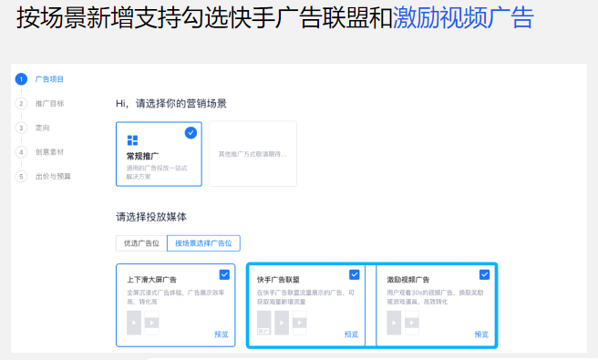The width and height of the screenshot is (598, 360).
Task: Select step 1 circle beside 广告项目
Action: click(x=21, y=79)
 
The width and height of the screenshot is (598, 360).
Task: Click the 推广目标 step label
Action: click(x=49, y=103)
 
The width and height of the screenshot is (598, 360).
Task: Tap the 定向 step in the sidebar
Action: click(x=43, y=128)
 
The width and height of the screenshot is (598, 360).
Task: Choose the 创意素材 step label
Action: click(x=49, y=151)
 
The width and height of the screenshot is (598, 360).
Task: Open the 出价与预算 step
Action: click(x=52, y=176)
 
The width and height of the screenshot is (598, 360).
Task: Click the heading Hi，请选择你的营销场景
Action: click(x=171, y=103)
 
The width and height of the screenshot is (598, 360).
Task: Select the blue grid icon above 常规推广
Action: click(x=133, y=140)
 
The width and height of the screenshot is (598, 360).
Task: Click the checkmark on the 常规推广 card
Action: click(x=191, y=133)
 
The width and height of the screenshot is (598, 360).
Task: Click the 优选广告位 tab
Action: click(x=141, y=243)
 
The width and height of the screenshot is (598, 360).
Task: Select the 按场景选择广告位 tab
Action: click(x=204, y=243)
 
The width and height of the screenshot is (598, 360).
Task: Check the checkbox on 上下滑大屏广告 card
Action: click(x=224, y=274)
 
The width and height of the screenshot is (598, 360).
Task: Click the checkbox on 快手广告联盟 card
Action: click(x=355, y=274)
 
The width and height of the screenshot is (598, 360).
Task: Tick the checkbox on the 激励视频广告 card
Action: click(x=484, y=274)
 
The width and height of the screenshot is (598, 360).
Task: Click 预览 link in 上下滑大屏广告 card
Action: click(x=222, y=334)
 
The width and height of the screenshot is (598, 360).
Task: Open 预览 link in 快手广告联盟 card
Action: click(x=352, y=334)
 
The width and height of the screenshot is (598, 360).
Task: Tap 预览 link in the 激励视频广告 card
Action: click(x=481, y=334)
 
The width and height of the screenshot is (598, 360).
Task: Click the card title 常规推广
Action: click(x=144, y=156)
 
